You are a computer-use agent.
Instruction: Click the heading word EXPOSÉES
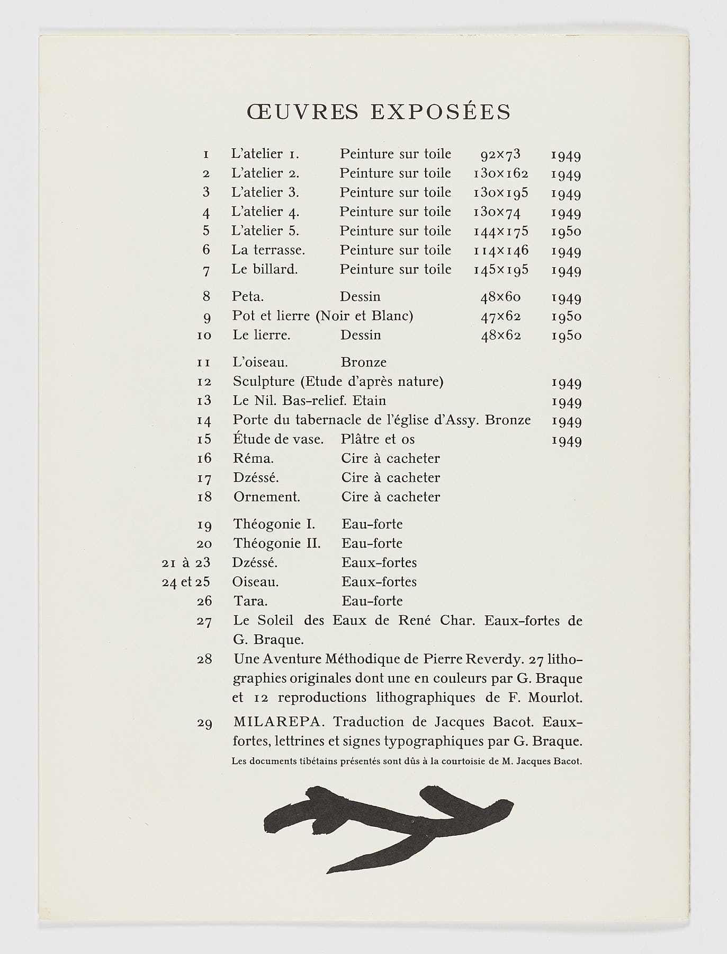tap(441, 112)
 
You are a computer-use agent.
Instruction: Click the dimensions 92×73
tap(500, 154)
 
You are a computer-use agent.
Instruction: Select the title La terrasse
tap(268, 250)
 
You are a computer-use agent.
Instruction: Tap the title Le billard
tap(264, 269)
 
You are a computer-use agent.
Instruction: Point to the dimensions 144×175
tap(501, 231)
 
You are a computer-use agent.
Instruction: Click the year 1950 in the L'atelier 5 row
tap(566, 231)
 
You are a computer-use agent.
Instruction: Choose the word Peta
tap(248, 297)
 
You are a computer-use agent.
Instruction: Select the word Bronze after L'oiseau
tap(364, 363)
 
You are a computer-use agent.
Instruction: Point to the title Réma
tap(253, 458)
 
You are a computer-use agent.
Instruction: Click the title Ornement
tap(267, 497)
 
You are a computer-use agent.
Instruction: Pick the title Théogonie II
tap(277, 544)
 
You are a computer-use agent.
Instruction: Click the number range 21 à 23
tap(186, 563)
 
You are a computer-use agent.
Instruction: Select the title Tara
tap(250, 601)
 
